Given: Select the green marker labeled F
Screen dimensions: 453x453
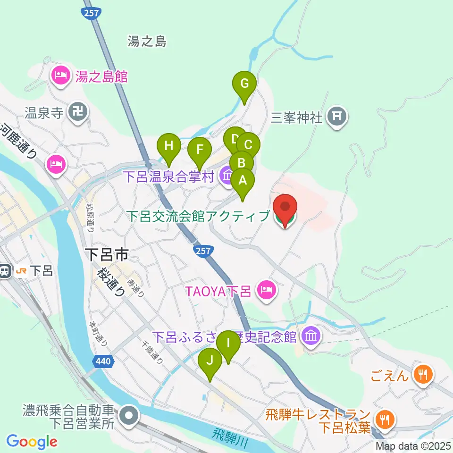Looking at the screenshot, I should [200, 151].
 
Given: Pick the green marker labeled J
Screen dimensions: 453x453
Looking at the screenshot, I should [210, 361].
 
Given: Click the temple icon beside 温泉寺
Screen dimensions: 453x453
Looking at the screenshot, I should [76, 112].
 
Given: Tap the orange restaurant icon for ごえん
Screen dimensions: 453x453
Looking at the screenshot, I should [422, 375].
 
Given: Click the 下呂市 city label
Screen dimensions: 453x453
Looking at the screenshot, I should [107, 256].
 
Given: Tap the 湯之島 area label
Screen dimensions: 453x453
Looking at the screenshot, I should [147, 42].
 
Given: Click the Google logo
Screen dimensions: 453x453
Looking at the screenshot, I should [32, 442].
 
